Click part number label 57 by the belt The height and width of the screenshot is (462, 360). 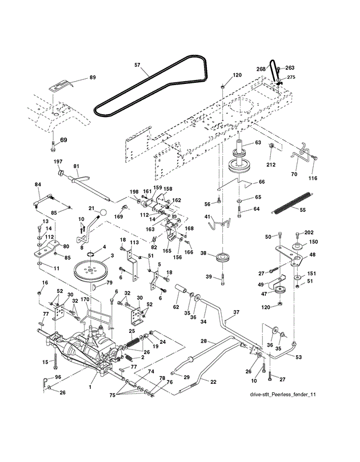click(x=137, y=65)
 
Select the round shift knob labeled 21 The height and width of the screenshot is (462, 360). click(x=102, y=212)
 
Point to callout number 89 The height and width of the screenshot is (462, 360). click(x=93, y=78)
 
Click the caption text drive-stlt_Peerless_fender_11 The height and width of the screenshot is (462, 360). click(x=283, y=394)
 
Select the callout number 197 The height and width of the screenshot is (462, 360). click(x=58, y=162)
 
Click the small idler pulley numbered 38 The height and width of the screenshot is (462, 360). click(x=222, y=256)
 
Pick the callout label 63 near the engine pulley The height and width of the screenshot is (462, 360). click(x=258, y=143)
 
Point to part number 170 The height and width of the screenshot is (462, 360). click(x=85, y=300)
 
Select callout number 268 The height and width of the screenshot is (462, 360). click(x=261, y=69)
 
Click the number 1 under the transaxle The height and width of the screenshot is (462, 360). click(x=90, y=387)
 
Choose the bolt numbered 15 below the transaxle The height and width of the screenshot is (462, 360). click(x=55, y=361)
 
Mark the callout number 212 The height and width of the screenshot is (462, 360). click(x=271, y=164)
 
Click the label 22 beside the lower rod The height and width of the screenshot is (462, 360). click(x=213, y=382)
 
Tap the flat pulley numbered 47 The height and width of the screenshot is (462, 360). click(x=279, y=290)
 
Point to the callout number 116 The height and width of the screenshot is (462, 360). click(x=313, y=178)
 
